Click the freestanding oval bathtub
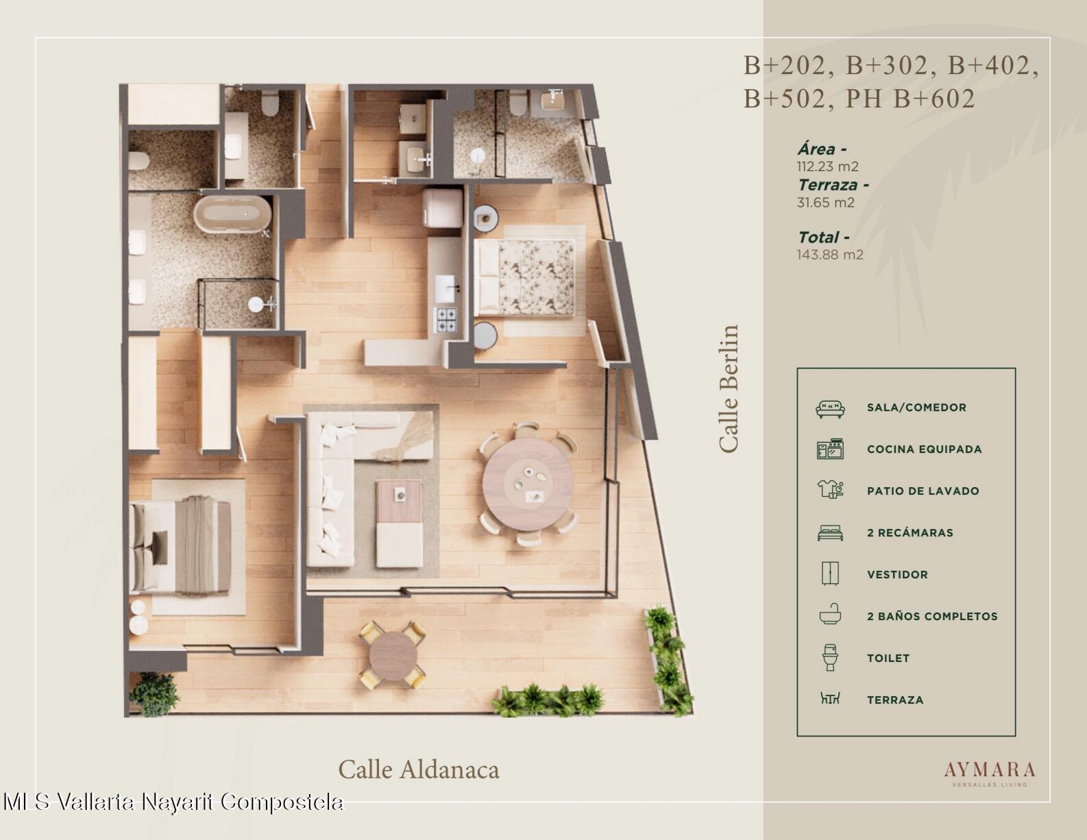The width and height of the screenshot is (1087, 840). [232, 214]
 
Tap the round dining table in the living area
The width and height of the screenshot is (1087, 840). [528, 484]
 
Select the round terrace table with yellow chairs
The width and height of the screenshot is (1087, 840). [393, 656]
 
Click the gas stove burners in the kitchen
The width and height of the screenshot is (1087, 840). [445, 319]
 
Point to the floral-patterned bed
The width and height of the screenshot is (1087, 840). [525, 277]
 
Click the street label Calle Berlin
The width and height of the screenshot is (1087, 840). [729, 389]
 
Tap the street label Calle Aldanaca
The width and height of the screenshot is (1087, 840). [419, 769]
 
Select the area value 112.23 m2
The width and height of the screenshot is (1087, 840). [827, 166]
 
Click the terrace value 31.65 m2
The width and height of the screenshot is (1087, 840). [825, 203]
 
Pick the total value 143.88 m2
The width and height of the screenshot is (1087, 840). [830, 254]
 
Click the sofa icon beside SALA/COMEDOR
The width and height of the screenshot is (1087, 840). [830, 408]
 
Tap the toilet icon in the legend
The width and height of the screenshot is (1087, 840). [830, 657]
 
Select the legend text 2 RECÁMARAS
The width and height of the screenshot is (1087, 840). [910, 533]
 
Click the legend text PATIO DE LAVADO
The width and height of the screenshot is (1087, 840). [923, 491]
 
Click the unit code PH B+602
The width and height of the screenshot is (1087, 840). [910, 99]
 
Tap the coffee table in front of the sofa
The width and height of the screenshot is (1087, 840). [399, 523]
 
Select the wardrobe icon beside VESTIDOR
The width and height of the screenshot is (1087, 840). [830, 573]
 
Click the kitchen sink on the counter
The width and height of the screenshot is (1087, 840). [445, 288]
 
